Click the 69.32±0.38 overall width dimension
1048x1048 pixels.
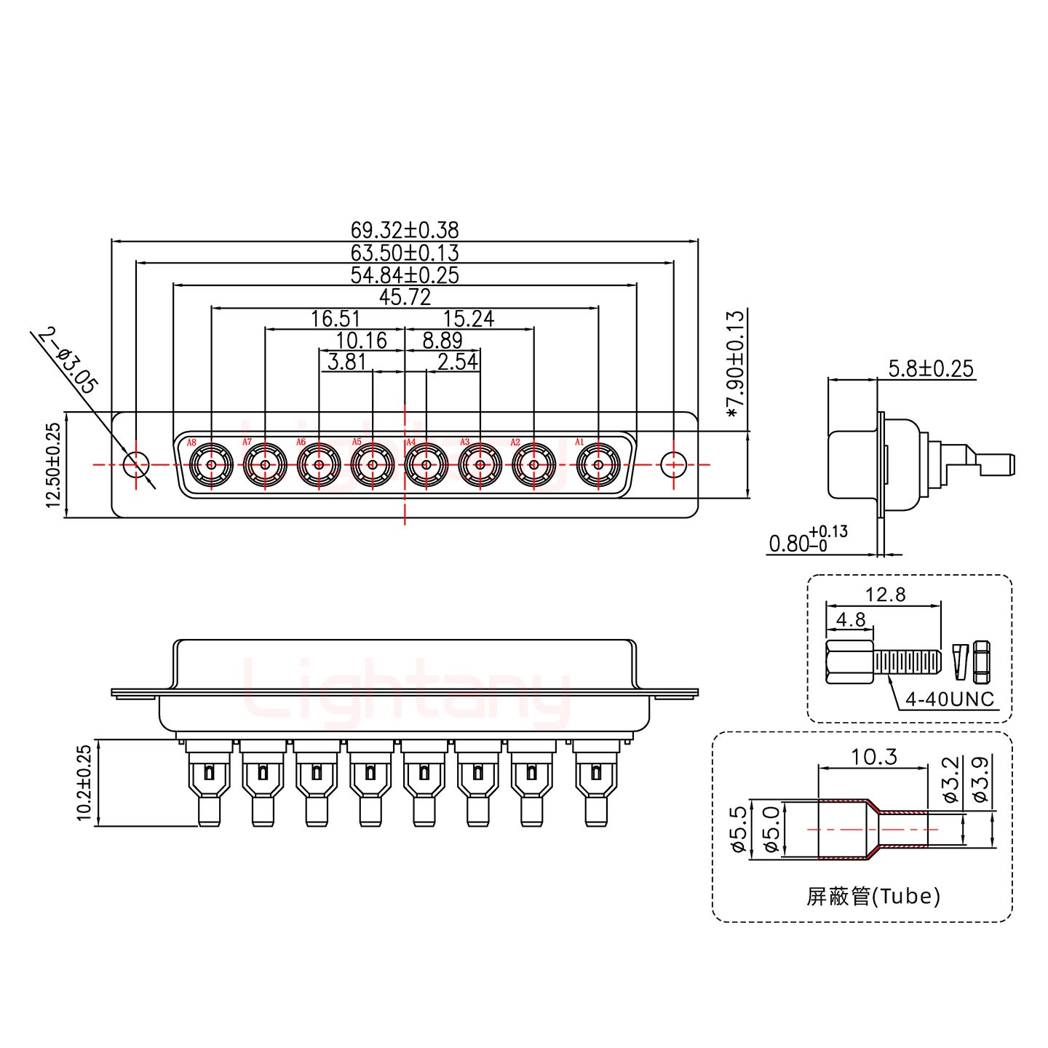click(405, 230)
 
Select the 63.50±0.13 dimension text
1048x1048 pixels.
click(405, 253)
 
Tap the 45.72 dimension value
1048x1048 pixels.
click(405, 297)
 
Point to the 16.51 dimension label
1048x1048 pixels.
click(336, 319)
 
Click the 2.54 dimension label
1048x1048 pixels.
click(457, 362)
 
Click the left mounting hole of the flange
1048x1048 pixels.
click(135, 464)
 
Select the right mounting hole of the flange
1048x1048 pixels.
click(673, 464)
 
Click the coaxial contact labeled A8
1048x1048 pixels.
click(211, 464)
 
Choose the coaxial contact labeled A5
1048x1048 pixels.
click(372, 464)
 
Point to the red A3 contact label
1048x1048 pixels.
click(464, 442)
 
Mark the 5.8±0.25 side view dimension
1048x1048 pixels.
click(930, 368)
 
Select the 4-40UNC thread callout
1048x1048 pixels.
click(949, 699)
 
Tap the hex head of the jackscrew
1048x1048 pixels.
click(850, 662)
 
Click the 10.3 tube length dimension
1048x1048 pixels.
click(873, 758)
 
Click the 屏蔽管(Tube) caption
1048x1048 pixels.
click(873, 896)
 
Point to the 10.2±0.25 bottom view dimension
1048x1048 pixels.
click(84, 783)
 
